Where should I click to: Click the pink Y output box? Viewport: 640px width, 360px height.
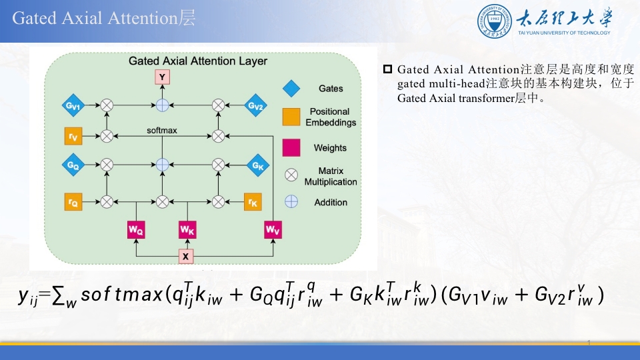coord(162,78)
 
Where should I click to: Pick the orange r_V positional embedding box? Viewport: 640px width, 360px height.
coord(73,136)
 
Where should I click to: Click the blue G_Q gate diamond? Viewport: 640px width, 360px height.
coord(73,164)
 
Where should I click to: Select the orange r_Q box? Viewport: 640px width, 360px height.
coord(73,201)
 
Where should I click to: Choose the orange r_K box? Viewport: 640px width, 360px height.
coord(251,201)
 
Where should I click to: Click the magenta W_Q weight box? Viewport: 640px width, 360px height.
coord(136,230)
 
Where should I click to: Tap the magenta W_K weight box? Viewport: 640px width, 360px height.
coord(187,230)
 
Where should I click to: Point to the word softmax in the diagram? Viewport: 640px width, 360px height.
coord(162,131)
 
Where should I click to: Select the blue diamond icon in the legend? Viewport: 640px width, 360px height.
coord(291,88)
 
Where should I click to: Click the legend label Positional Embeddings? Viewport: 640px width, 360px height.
coord(331,117)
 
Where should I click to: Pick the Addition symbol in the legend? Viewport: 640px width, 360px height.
coord(291,201)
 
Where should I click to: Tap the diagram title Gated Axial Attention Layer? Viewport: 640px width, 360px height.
coord(197,61)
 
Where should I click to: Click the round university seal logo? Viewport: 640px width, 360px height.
coord(495,21)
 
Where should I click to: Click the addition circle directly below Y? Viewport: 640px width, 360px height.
coord(162,105)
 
